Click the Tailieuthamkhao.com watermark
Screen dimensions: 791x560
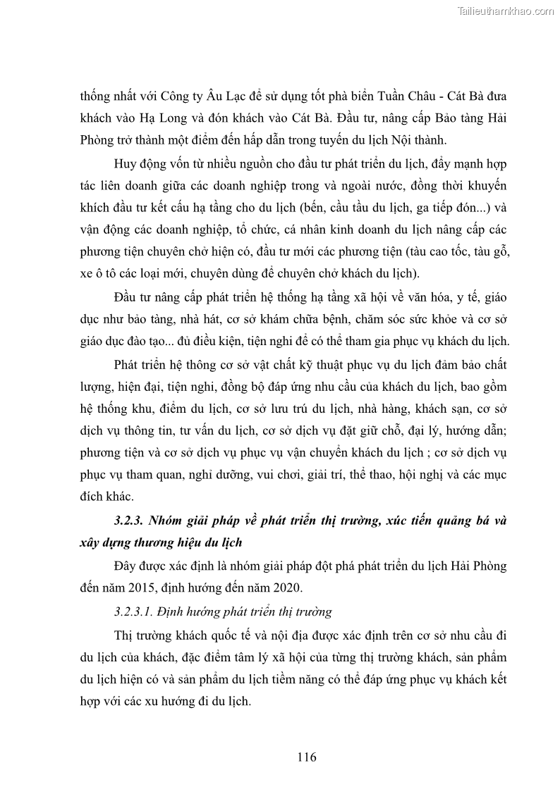click(506, 11)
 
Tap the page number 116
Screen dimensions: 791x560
click(306, 757)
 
